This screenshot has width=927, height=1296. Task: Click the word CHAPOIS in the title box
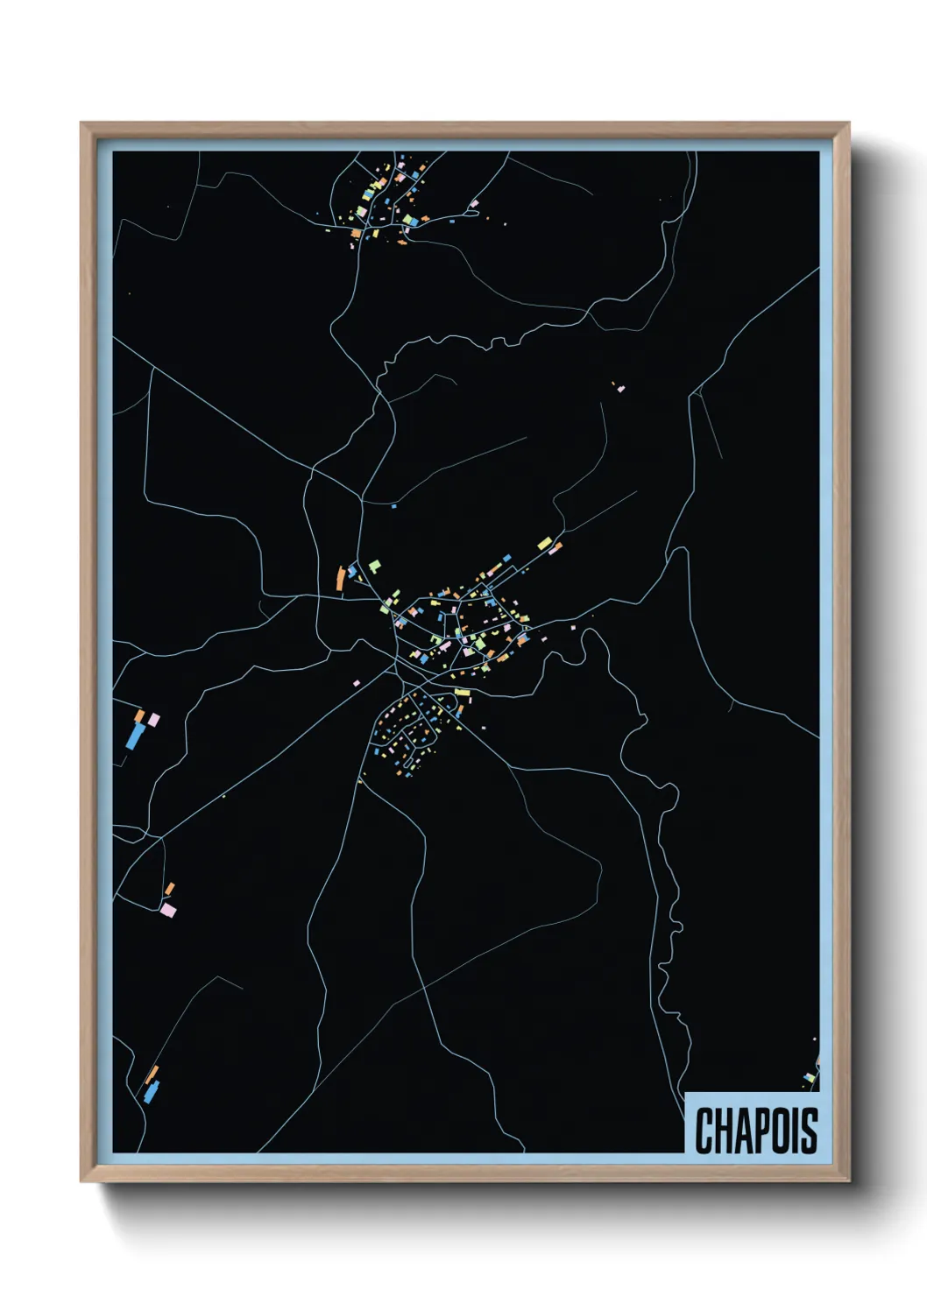pos(756,1130)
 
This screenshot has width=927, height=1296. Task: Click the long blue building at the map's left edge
pos(135,735)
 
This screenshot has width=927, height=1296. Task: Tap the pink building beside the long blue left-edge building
pos(154,720)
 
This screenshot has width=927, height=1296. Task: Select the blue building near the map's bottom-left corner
pos(151,1092)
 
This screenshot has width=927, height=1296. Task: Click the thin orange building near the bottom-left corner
pos(152,1074)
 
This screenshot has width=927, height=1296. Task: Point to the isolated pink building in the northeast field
pos(621,388)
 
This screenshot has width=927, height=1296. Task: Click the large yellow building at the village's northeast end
pos(544,543)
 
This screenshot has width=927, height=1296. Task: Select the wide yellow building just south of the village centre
pos(462,693)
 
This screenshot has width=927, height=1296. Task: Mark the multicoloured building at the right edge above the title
pos(810,1078)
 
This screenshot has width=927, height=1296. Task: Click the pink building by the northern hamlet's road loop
pos(475,204)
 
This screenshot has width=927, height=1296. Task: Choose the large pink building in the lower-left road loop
pos(168,911)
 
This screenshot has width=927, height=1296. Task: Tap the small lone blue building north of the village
pos(393,505)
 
